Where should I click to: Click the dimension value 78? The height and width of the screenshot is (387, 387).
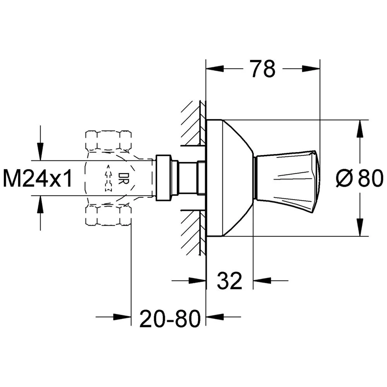coord(262,69)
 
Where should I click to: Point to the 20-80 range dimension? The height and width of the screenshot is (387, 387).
coord(171,318)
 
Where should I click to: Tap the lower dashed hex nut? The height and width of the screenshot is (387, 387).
coord(108,216)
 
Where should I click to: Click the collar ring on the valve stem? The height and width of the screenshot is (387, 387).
coord(163,178)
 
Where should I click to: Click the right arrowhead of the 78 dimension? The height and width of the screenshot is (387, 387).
coord(312,69)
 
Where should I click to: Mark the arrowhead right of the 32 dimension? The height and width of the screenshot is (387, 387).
coord(261,280)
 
